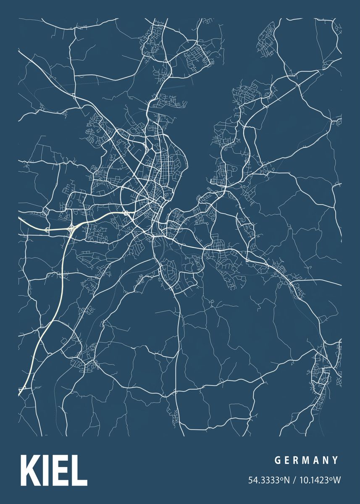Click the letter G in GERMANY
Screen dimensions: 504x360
277,460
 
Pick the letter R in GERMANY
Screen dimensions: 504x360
297,460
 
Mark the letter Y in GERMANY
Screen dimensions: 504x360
336,460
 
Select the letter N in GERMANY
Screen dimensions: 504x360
326,460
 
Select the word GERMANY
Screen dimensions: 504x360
306,460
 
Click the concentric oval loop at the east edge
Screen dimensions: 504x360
339,122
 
